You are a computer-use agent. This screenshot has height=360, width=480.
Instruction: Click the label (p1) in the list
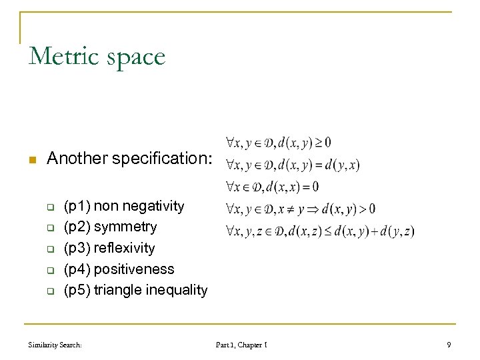click(77, 206)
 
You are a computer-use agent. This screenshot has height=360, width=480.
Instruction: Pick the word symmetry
click(125, 227)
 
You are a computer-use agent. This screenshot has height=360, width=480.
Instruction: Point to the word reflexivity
click(124, 249)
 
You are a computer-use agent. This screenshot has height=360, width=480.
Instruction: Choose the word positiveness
click(134, 270)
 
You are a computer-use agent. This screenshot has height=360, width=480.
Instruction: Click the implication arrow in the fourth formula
click(312, 209)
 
